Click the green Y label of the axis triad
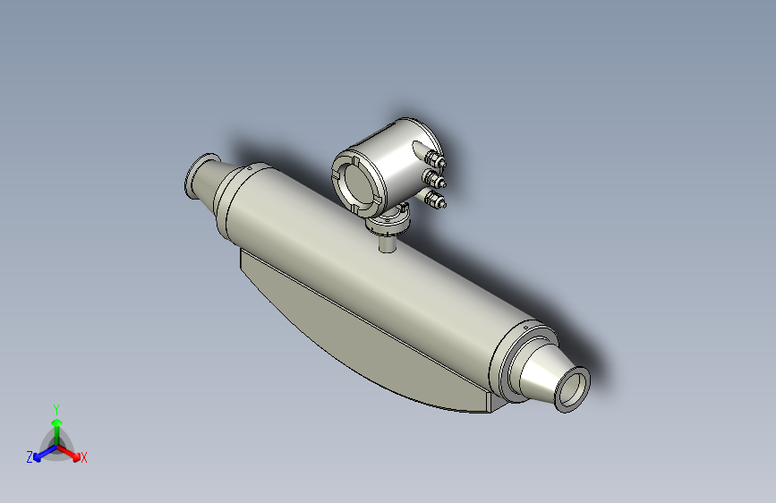[56, 407]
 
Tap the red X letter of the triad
[84, 458]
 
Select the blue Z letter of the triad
[30, 456]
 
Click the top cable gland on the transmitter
[436, 161]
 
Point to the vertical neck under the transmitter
[388, 240]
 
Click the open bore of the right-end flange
[573, 391]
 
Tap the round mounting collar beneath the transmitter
[391, 218]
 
